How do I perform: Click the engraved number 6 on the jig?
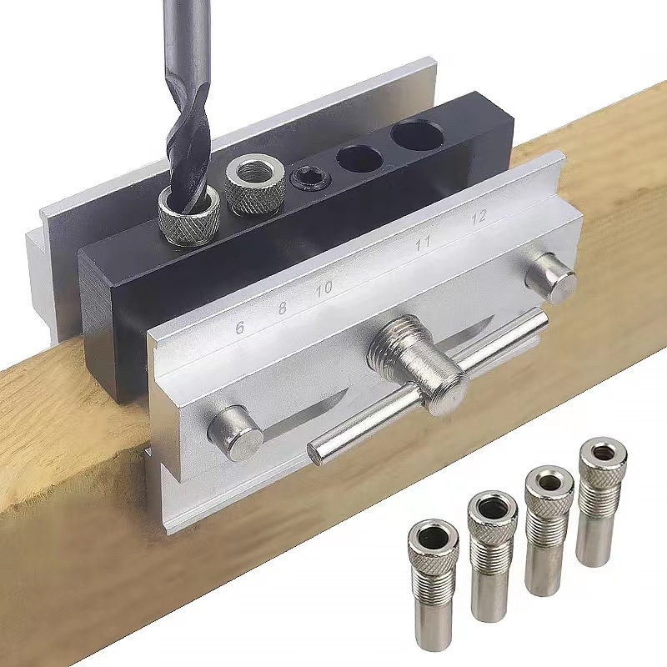(x=240, y=328)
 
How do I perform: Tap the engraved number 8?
(x=282, y=308)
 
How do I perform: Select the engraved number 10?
(x=324, y=289)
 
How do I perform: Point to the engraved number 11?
(x=423, y=243)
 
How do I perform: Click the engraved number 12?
(x=479, y=218)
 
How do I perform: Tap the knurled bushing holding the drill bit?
(x=189, y=218)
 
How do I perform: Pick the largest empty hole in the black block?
(x=418, y=135)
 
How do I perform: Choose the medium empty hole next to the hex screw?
(x=359, y=159)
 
